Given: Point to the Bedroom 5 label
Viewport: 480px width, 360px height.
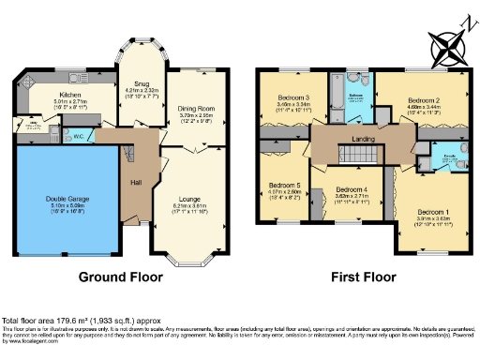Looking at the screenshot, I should pyautogui.click(x=283, y=186).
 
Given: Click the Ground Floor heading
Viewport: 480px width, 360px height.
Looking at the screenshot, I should pyautogui.click(x=118, y=278).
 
